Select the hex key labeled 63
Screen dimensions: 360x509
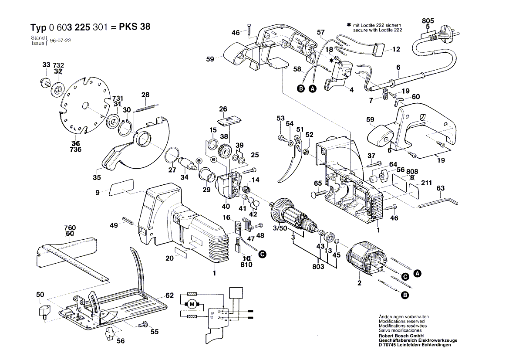pyautogui.click(x=438, y=203)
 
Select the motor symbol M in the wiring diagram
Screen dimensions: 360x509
pyautogui.click(x=192, y=304)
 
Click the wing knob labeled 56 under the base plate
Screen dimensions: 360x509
pyautogui.click(x=108, y=335)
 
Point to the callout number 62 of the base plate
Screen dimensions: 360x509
pyautogui.click(x=169, y=295)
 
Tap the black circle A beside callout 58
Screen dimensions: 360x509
pyautogui.click(x=312, y=89)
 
